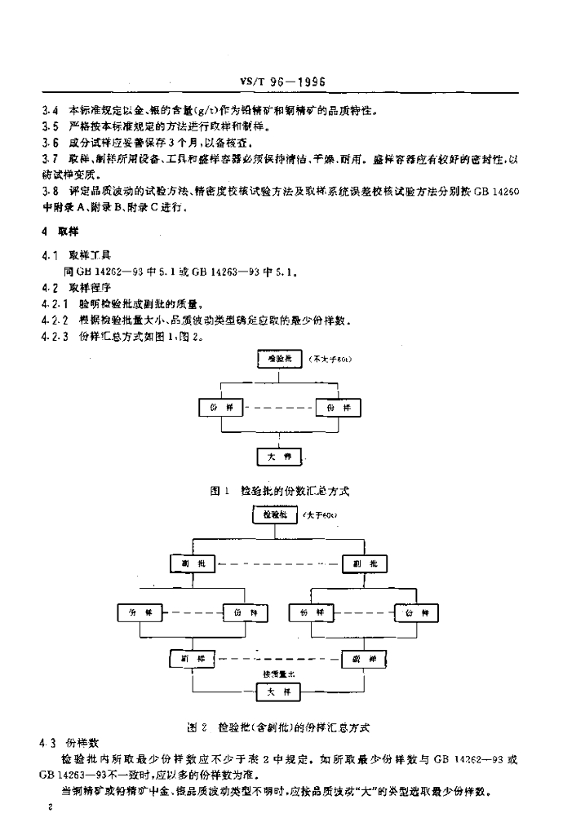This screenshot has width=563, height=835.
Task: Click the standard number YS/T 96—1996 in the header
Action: point(283,82)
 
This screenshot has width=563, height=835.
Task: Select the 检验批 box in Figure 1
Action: point(279,358)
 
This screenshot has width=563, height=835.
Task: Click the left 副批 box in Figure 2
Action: point(192,563)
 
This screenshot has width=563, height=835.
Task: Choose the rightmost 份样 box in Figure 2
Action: point(416,612)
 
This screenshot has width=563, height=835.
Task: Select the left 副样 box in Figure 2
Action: point(193,658)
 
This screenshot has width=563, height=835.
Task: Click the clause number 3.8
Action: point(50,191)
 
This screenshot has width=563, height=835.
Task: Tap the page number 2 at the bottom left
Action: point(51,806)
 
